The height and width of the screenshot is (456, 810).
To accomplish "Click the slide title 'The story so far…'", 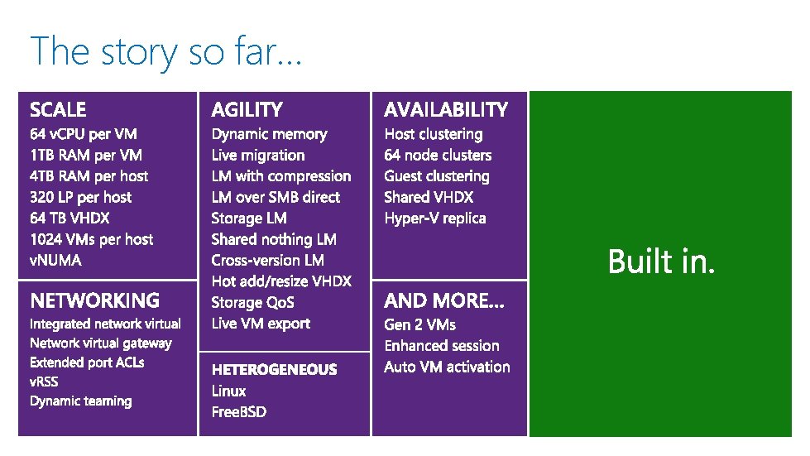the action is (x=166, y=50).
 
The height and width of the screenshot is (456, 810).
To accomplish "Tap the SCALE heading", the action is (x=58, y=109).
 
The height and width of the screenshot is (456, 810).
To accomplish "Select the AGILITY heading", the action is (x=247, y=109).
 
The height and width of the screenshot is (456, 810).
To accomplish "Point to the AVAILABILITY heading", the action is (x=446, y=109).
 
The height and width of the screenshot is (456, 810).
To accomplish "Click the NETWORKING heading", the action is (x=94, y=300).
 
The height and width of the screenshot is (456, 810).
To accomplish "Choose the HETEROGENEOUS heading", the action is (x=274, y=369).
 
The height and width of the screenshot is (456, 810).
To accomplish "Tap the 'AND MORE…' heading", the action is (x=444, y=300).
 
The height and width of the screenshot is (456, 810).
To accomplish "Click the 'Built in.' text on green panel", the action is (x=661, y=262).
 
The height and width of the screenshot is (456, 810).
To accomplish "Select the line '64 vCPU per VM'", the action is (x=84, y=134).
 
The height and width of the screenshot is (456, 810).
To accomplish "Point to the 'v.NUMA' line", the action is (x=55, y=260).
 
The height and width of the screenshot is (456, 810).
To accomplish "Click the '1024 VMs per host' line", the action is (x=91, y=239).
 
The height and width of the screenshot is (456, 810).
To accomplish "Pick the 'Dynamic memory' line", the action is (x=269, y=134).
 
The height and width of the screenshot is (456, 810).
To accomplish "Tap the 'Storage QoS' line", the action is (x=252, y=302).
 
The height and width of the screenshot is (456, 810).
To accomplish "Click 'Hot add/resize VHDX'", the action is (x=281, y=281).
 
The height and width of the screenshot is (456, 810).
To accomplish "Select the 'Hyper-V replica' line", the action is (x=435, y=218).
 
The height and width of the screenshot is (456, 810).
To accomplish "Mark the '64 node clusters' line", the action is (x=438, y=155).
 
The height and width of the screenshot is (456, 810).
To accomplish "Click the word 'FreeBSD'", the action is (x=239, y=411).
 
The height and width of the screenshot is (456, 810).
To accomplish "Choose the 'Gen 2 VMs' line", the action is (x=419, y=324).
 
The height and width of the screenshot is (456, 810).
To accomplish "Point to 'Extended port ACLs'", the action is (x=87, y=362).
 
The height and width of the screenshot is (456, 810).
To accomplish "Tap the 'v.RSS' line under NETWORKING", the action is (x=44, y=382).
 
